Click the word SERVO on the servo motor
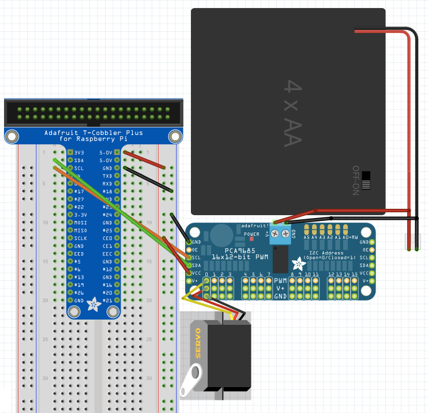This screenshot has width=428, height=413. [x=198, y=343]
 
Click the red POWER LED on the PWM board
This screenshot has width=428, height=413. [x=251, y=239]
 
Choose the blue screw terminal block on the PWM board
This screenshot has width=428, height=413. [x=280, y=233]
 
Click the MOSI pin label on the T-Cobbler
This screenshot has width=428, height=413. [x=81, y=222]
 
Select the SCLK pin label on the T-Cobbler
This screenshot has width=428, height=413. [x=81, y=238]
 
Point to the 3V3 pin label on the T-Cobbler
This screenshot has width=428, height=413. [x=79, y=152]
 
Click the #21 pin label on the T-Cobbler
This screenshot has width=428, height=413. [x=107, y=301]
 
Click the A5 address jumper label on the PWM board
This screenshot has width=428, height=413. [x=306, y=237]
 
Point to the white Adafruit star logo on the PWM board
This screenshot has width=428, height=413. [x=299, y=264]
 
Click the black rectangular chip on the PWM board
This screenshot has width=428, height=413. [x=281, y=258]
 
